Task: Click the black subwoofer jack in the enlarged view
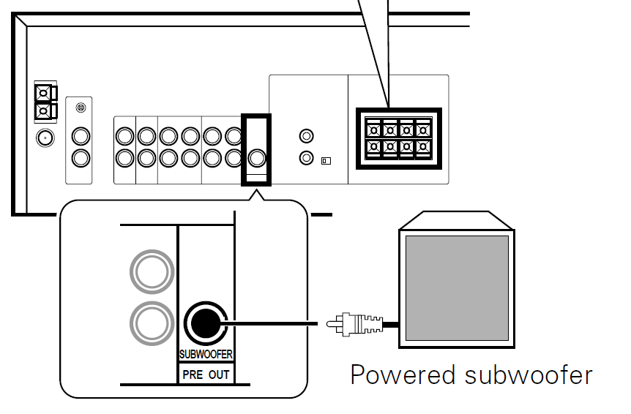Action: coord(205,323)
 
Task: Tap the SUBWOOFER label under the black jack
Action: coord(206,355)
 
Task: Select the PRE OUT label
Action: coord(206,375)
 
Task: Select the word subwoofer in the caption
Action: coord(528,375)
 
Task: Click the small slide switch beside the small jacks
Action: coord(326,159)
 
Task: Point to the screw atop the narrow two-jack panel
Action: coord(81,108)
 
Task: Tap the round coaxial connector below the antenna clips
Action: coord(45,138)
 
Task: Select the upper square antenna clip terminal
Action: coord(44,93)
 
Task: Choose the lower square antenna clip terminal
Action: coord(44,111)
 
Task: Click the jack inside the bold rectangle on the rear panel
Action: coord(256,157)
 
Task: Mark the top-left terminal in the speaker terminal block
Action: coord(374,129)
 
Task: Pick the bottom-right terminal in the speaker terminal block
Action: coord(422,147)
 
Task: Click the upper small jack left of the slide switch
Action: coord(307,137)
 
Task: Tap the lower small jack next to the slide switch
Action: coord(307,158)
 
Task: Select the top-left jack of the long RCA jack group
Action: coord(124,136)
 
